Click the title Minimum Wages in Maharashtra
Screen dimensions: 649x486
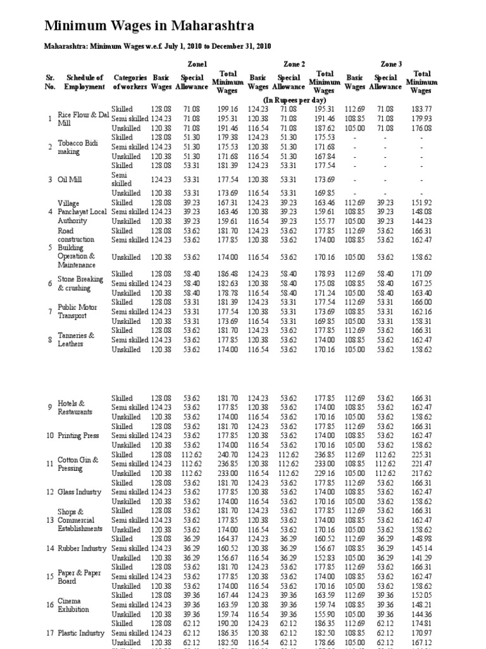point(149,26)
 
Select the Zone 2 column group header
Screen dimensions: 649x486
point(293,64)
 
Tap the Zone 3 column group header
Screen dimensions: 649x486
point(390,64)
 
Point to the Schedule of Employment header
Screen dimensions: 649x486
point(85,82)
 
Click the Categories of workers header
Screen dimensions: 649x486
point(130,82)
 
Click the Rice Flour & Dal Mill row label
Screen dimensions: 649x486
point(83,119)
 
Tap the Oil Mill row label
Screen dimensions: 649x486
point(72,179)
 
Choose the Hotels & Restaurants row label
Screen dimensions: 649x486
point(75,408)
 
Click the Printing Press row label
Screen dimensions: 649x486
point(78,436)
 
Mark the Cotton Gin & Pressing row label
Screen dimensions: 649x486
point(78,464)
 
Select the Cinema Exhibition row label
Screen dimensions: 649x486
point(73,605)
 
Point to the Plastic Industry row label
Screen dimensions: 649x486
point(81,633)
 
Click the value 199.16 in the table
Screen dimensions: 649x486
point(227,109)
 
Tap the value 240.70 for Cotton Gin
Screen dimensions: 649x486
point(227,454)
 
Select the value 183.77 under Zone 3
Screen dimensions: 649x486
point(421,109)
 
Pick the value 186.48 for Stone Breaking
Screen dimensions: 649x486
point(227,274)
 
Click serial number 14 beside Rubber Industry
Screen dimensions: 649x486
point(50,548)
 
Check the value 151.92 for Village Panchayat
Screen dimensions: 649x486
point(421,203)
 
